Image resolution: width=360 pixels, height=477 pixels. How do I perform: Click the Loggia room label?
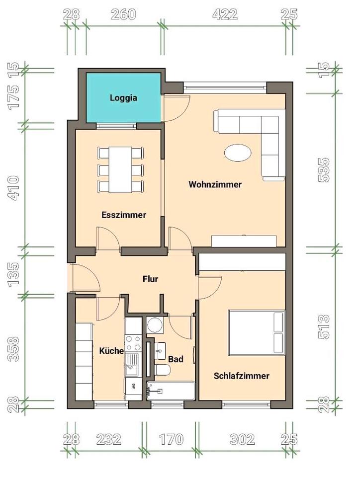click(123, 98)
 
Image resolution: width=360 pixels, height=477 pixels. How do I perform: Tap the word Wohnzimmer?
click(215, 184)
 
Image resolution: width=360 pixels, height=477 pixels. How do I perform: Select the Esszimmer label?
click(124, 215)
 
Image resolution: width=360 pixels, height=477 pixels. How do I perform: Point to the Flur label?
click(150, 279)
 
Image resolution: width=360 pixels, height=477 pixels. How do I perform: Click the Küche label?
click(111, 351)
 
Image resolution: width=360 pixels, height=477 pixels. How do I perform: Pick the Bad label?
click(176, 359)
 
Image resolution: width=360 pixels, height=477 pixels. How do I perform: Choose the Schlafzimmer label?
click(241, 376)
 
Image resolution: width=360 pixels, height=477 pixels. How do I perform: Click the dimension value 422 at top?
click(225, 14)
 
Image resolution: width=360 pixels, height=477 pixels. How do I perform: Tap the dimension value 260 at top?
click(123, 14)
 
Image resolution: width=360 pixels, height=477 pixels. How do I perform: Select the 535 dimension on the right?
click(324, 170)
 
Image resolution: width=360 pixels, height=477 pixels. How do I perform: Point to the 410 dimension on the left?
click(14, 188)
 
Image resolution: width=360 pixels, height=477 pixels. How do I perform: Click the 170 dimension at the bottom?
click(171, 439)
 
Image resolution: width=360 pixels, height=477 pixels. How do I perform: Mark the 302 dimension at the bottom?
click(242, 439)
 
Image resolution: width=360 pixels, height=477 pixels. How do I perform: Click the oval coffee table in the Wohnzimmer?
click(238, 152)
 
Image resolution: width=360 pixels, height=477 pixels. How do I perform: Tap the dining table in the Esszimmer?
click(120, 170)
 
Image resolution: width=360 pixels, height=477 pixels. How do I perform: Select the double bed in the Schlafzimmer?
click(257, 332)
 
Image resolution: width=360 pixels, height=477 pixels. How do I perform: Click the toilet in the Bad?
click(163, 370)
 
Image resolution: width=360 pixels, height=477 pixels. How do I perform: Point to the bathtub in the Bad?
click(171, 391)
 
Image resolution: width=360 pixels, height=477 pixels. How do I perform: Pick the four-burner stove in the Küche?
click(134, 343)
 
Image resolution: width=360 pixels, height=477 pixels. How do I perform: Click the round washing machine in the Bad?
click(155, 326)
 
